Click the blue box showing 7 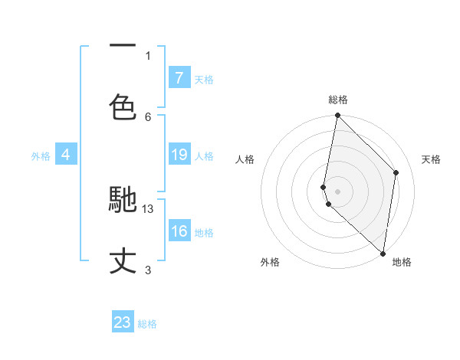(x=179, y=78)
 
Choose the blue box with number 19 (x=179, y=155)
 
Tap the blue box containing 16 (x=179, y=231)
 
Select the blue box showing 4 (x=66, y=155)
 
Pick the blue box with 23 (x=123, y=322)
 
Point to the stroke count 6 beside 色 (x=148, y=116)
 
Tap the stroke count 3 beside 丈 (x=148, y=270)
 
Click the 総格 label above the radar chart (x=338, y=100)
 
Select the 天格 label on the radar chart (x=432, y=159)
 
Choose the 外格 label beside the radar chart (x=269, y=263)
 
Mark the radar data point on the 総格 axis (x=337, y=116)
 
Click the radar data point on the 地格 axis (x=383, y=253)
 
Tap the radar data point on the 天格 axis (x=396, y=172)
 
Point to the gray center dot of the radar (x=337, y=191)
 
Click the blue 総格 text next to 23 (x=147, y=324)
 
